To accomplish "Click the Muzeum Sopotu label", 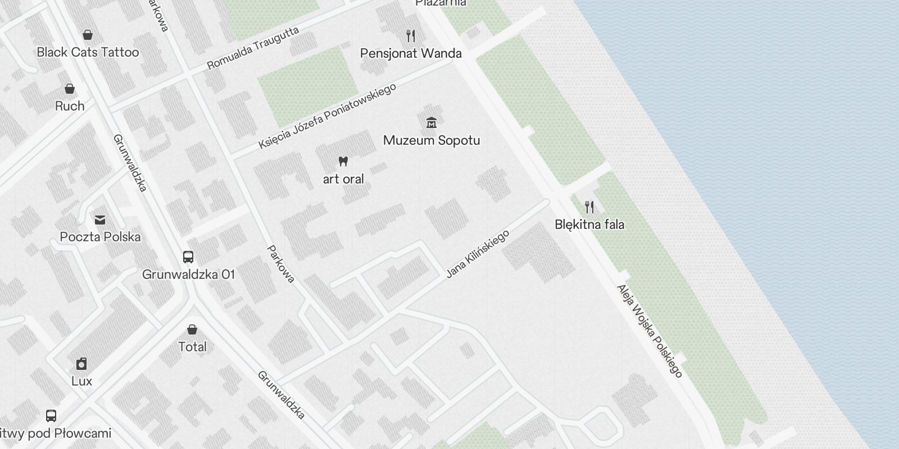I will (x=432, y=140).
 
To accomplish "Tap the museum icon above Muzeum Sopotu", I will (x=432, y=122).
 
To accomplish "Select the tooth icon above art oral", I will (x=343, y=162).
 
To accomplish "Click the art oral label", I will (x=343, y=179).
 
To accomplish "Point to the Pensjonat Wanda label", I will (x=411, y=53).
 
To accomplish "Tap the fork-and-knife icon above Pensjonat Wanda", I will (x=411, y=36).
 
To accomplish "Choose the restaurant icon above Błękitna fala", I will (x=589, y=207).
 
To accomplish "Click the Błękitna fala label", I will (x=589, y=224).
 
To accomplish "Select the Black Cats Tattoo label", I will (x=88, y=52).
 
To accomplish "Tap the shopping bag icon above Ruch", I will (x=70, y=89).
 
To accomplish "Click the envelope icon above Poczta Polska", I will (x=100, y=219).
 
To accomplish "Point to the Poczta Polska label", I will (x=100, y=237).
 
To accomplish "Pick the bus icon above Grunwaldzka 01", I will (x=188, y=257).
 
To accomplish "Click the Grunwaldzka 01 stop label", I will (x=188, y=274).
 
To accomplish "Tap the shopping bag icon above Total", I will (x=192, y=329).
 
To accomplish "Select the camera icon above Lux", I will (x=81, y=364).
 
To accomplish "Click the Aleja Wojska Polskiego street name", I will (x=650, y=331).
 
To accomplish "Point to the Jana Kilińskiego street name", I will (x=478, y=254).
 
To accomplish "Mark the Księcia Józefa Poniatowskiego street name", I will (x=328, y=116).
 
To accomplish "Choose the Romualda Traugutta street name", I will (x=253, y=48).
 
